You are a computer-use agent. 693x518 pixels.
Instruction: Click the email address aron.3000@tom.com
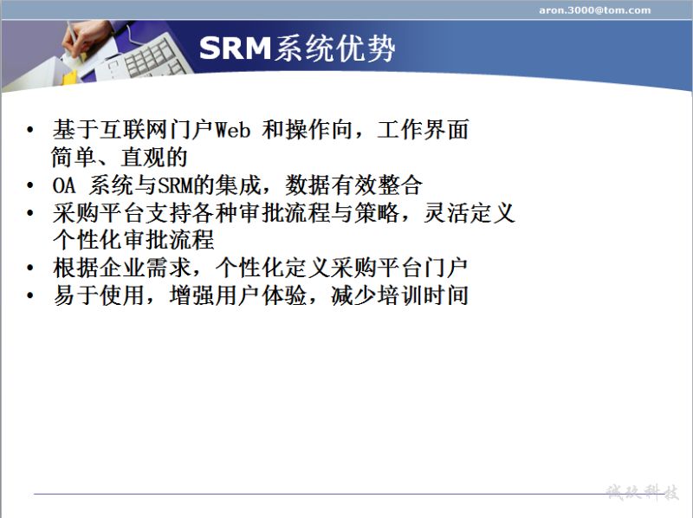tap(594, 10)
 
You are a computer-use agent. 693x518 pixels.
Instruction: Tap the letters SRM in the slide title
tap(235, 48)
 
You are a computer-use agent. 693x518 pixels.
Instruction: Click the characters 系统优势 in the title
tap(334, 48)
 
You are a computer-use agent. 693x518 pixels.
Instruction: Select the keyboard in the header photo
tap(146, 57)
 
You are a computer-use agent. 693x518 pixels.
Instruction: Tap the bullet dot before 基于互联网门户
tap(29, 130)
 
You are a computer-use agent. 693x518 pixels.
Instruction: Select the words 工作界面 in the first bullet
tap(423, 130)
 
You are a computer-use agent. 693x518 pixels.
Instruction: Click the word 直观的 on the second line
tap(154, 158)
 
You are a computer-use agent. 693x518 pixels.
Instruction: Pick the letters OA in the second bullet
tap(63, 185)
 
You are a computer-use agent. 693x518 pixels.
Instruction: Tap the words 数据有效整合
tap(353, 185)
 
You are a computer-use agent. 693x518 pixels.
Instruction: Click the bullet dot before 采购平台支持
tap(29, 213)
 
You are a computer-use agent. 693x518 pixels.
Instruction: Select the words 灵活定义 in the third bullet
tap(470, 213)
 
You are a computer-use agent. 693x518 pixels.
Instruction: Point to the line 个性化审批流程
tap(133, 240)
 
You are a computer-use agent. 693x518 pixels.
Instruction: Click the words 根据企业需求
tap(121, 268)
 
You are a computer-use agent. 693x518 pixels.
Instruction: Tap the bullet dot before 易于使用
tap(29, 295)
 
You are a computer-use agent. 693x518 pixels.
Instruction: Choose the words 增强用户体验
tap(237, 295)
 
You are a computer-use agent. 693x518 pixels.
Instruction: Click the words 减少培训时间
tap(399, 295)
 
